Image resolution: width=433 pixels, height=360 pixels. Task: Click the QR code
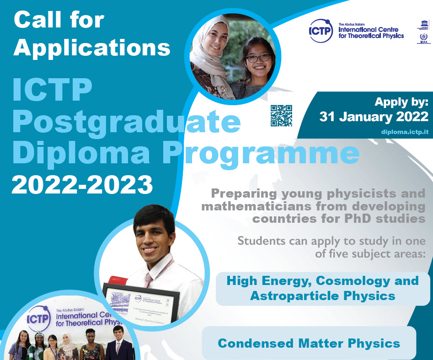[281, 116]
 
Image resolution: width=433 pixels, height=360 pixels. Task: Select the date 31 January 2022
[374, 116]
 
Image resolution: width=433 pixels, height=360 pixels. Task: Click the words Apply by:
[401, 102]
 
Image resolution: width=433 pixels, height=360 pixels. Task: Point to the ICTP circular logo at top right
[321, 31]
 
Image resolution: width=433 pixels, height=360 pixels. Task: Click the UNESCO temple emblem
[423, 24]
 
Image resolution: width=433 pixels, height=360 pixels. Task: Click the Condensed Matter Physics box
[309, 343]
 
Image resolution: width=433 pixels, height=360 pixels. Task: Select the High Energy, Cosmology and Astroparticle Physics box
[322, 288]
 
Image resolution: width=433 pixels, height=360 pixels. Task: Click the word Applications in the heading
[92, 48]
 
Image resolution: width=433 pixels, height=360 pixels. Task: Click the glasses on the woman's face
[258, 58]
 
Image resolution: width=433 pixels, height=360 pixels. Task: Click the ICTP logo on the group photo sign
[38, 318]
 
